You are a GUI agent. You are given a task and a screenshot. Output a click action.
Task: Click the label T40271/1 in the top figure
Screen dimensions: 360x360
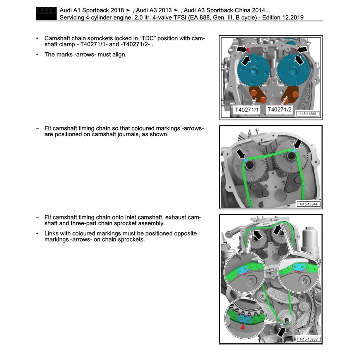(246, 110)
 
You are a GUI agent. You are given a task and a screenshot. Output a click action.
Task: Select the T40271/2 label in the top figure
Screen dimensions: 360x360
(279, 110)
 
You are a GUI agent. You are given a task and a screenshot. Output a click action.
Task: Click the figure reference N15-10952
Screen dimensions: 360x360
(308, 339)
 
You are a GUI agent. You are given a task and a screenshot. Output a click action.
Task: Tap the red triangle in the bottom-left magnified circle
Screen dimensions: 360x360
(243, 327)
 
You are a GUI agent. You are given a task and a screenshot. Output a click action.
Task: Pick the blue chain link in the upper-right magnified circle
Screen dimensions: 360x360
(298, 267)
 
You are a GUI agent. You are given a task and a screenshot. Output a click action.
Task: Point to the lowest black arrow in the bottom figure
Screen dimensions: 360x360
(282, 331)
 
